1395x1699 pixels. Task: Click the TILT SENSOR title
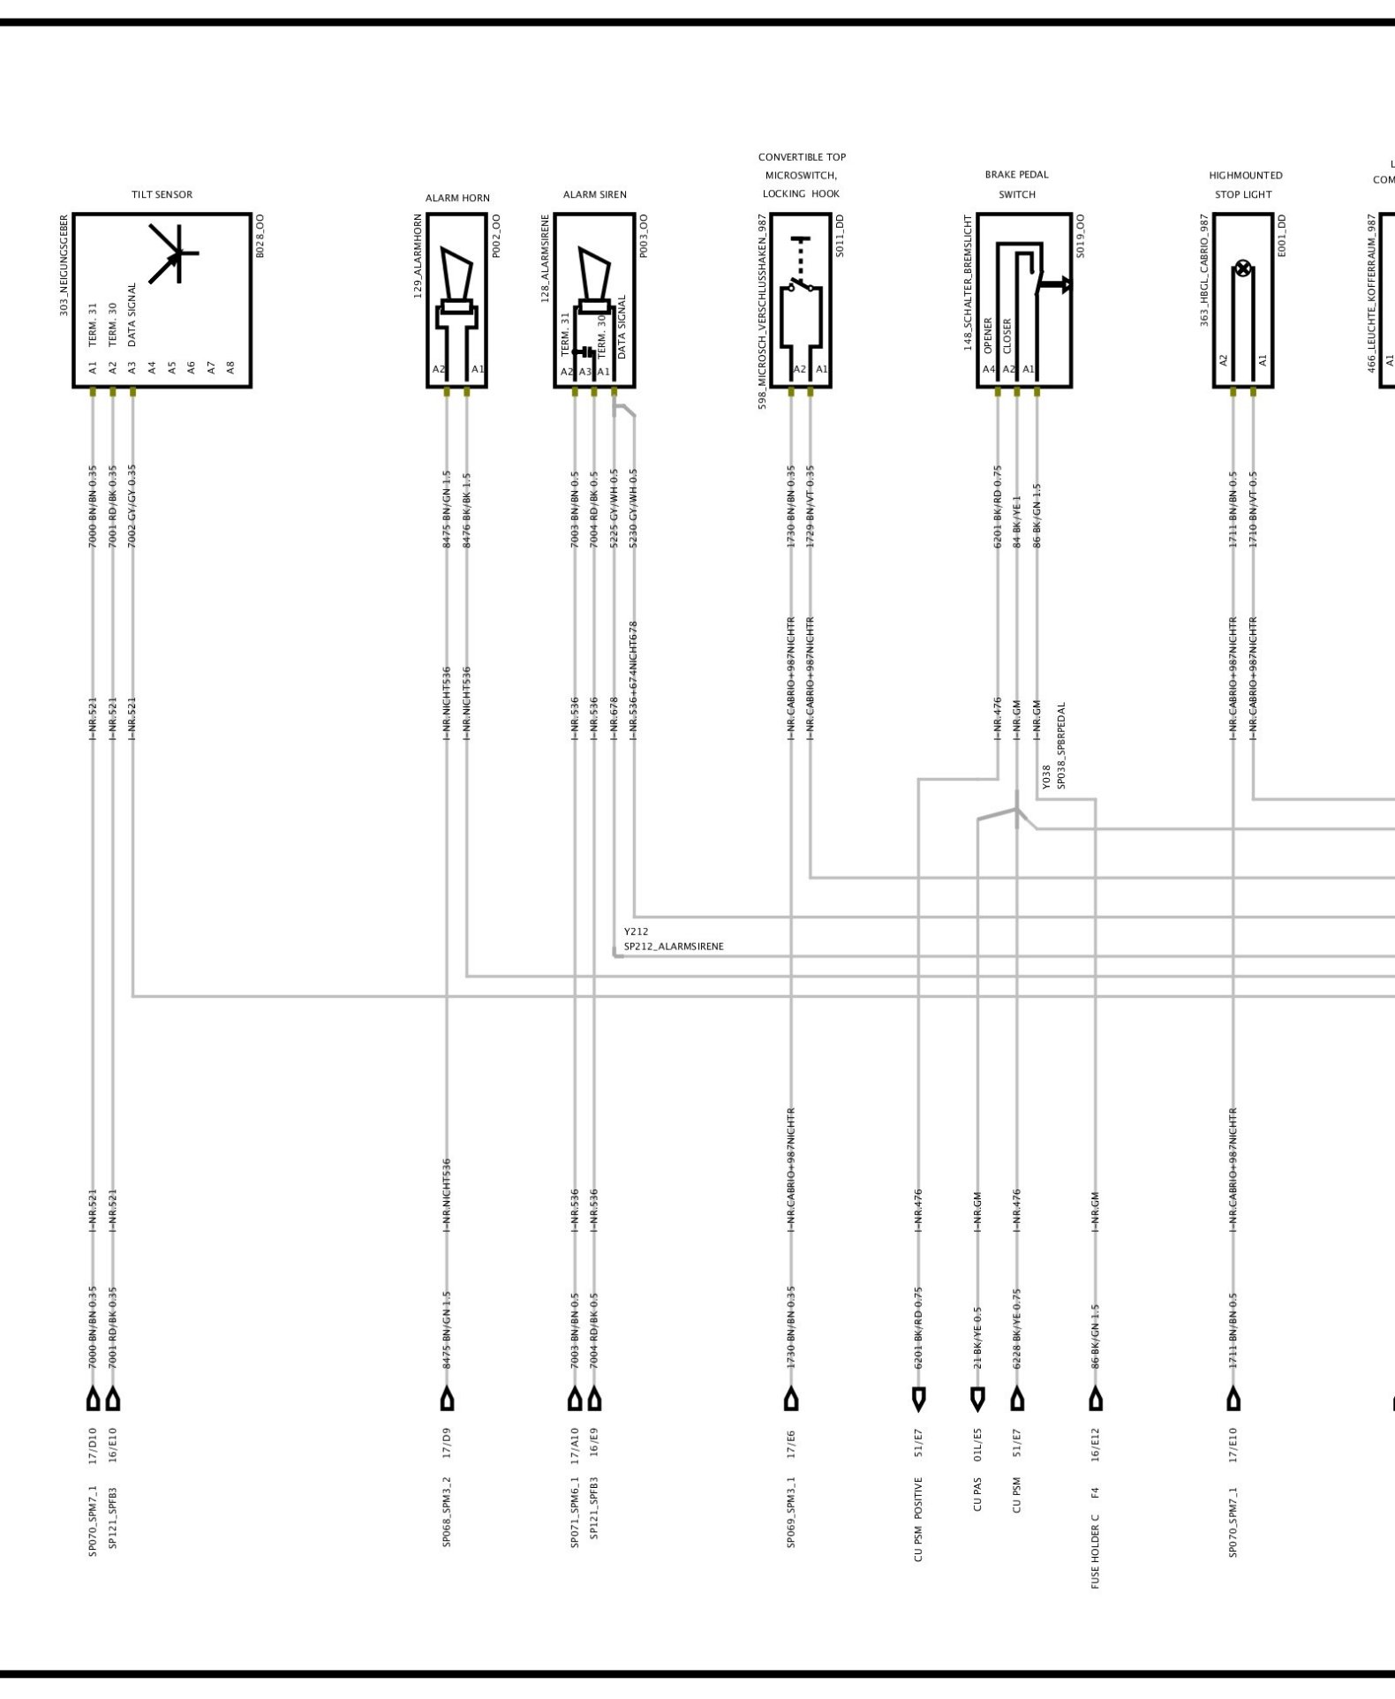[162, 194]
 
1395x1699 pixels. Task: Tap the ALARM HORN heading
[457, 198]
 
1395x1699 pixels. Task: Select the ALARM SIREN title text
[594, 194]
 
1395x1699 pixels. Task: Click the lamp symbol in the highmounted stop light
[1243, 269]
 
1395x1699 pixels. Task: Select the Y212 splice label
[636, 932]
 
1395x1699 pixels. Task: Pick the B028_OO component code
[260, 236]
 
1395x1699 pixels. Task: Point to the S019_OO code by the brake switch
[1081, 236]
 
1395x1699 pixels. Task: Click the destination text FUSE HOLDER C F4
[1096, 1537]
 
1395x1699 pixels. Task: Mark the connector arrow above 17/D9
[448, 1400]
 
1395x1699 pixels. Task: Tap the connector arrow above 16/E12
[1096, 1400]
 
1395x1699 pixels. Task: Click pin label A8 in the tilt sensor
[230, 366]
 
